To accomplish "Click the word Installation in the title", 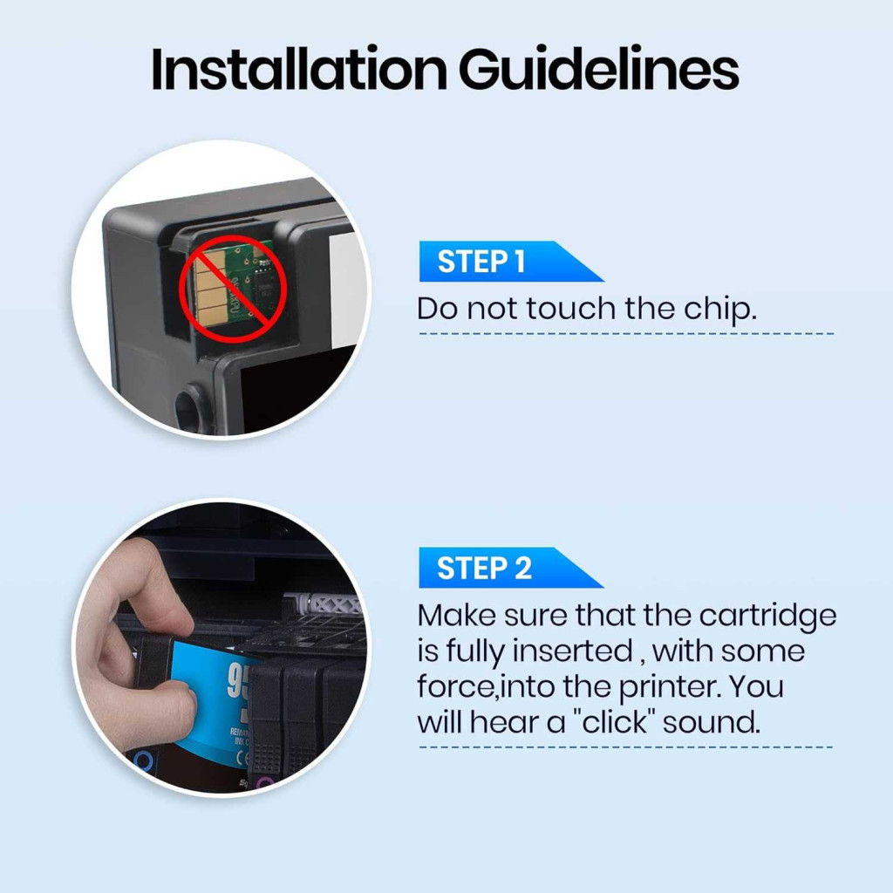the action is (299, 69).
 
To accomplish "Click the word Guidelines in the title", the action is (598, 69).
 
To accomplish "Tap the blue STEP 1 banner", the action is (511, 262).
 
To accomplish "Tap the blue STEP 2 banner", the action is (511, 568).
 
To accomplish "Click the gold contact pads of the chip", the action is (208, 289).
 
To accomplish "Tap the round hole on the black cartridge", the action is (189, 406).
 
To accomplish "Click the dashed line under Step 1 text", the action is (626, 334).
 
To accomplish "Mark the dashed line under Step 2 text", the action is (626, 747).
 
